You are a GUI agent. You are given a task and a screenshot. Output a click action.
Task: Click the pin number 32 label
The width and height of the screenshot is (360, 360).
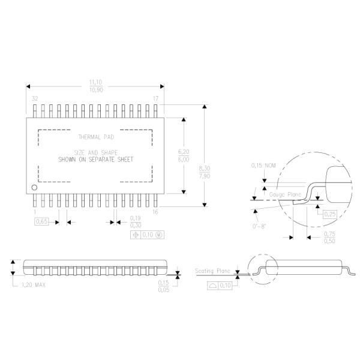(35, 98)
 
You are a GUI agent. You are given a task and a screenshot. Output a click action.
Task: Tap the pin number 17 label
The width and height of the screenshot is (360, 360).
(155, 98)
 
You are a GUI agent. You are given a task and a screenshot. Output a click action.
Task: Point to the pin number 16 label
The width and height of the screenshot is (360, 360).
(155, 211)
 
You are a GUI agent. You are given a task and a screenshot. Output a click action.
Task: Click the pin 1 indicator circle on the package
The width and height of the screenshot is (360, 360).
(35, 188)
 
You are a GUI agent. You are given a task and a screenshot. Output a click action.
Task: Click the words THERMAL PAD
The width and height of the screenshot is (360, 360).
(95, 136)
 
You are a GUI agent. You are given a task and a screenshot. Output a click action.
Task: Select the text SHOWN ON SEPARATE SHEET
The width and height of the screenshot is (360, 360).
(95, 160)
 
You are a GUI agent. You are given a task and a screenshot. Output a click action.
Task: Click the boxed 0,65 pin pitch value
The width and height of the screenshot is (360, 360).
(42, 222)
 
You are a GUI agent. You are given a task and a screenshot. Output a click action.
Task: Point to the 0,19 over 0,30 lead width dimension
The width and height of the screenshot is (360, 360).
(136, 221)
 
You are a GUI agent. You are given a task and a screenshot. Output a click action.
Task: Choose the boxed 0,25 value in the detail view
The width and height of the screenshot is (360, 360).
(329, 214)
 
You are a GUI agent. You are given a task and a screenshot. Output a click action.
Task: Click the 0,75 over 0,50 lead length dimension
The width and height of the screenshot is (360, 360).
(329, 237)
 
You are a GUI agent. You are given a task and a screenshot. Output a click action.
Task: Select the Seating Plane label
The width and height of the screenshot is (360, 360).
(213, 271)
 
